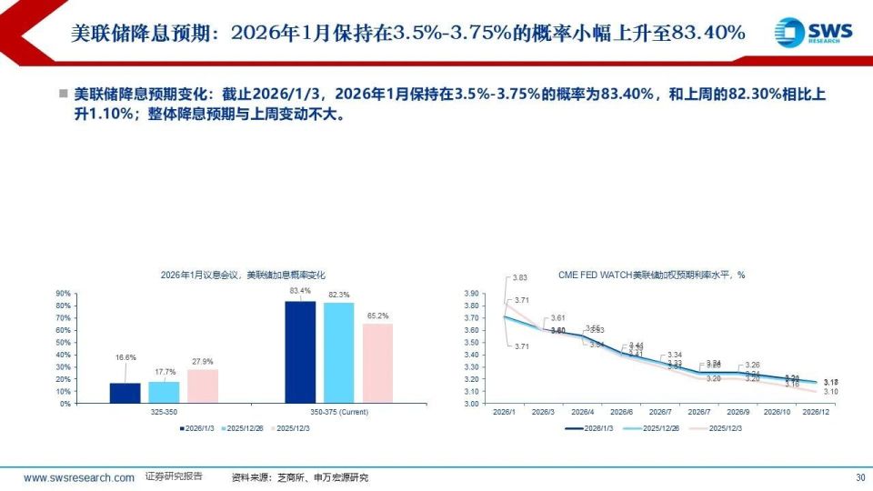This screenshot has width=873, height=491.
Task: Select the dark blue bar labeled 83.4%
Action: tap(300, 351)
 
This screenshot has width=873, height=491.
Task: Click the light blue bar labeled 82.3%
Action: tap(338, 352)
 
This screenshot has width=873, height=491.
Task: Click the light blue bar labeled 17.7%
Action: tap(164, 391)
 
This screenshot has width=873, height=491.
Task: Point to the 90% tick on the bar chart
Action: tap(63, 294)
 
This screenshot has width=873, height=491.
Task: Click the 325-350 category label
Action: tap(164, 412)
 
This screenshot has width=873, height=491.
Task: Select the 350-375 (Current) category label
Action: tap(339, 412)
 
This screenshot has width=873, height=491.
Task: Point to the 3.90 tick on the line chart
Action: tap(495, 294)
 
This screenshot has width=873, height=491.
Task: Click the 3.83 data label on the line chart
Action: tap(520, 277)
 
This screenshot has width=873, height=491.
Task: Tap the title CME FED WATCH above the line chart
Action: tap(650, 275)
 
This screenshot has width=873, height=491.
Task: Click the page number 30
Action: tap(860, 477)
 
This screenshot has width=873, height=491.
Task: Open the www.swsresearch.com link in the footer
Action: tap(79, 477)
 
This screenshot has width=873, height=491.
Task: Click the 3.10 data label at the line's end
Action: tap(830, 392)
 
